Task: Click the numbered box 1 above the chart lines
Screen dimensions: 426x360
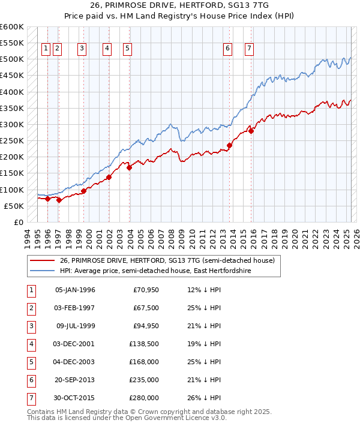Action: tap(46, 49)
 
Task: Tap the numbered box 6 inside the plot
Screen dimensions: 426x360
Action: tap(228, 49)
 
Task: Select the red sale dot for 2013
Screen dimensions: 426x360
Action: tap(230, 145)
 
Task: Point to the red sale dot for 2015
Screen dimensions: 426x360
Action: tap(251, 131)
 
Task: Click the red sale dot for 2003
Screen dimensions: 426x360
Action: tap(129, 167)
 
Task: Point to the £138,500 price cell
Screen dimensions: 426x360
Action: tap(144, 344)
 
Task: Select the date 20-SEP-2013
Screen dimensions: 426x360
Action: tap(75, 380)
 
